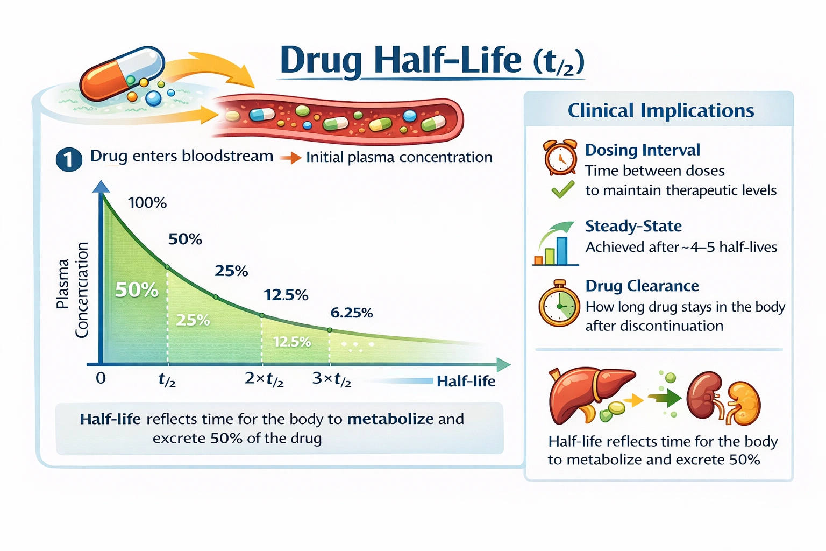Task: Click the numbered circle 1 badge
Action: tap(69, 160)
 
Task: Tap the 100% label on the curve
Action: tap(147, 203)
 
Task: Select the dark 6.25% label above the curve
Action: tap(351, 313)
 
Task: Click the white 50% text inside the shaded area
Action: tap(137, 290)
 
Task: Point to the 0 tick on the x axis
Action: tap(101, 378)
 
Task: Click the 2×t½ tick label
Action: tap(264, 379)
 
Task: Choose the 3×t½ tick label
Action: tap(332, 379)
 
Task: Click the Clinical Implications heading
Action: tap(660, 111)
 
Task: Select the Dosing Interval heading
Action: tap(642, 150)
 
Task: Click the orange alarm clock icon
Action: tap(560, 158)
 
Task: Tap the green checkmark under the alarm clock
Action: tap(562, 189)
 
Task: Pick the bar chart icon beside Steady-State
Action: tap(554, 245)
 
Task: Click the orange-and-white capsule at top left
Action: tap(122, 74)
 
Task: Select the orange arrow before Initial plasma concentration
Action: tap(290, 158)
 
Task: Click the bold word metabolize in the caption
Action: tap(390, 419)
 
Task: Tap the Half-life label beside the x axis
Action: tap(466, 382)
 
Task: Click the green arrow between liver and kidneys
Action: tap(665, 399)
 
